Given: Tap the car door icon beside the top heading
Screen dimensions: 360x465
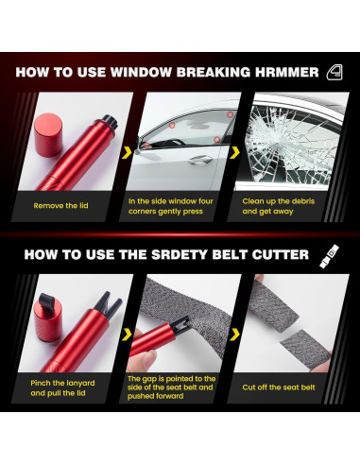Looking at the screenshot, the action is [x=334, y=72].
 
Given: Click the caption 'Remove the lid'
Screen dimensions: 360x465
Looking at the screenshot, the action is [x=60, y=206].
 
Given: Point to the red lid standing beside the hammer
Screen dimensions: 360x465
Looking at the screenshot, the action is [x=48, y=134].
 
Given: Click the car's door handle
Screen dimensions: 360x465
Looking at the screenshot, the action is [x=200, y=160].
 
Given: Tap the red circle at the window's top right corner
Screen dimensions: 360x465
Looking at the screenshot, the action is [x=231, y=114].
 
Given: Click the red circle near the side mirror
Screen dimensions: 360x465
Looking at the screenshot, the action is [x=146, y=146].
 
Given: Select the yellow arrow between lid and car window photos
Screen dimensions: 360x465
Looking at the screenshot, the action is [x=127, y=152].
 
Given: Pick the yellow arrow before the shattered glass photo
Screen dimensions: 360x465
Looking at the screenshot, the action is [x=234, y=152].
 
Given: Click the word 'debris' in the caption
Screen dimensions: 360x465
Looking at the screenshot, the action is [x=303, y=201].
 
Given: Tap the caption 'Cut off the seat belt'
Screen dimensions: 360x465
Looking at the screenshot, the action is [x=279, y=387].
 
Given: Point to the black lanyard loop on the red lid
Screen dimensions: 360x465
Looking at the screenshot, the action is [x=47, y=301].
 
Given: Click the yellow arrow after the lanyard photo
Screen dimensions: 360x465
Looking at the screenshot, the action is [x=127, y=335].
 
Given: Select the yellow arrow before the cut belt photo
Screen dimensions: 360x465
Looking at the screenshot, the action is [x=234, y=335].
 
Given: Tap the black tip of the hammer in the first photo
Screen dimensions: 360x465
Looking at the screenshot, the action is [x=111, y=121].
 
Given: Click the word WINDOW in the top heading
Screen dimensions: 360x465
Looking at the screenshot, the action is [x=141, y=72].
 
